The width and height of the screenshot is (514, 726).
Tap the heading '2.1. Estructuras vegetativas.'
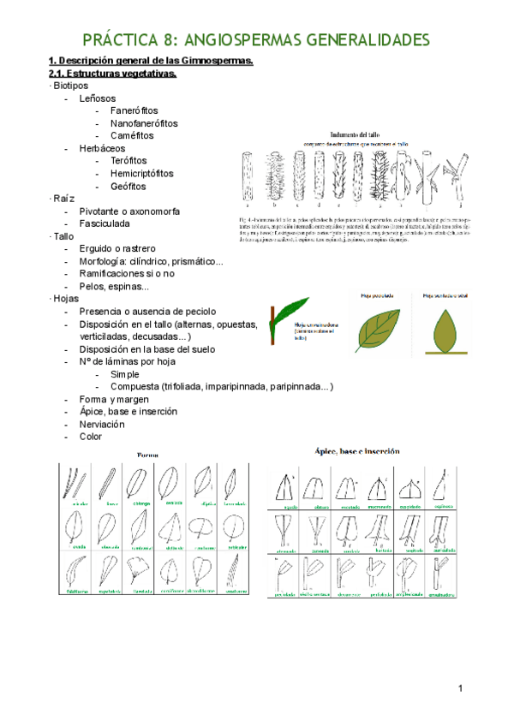point(112,74)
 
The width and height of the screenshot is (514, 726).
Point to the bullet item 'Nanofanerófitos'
point(144,123)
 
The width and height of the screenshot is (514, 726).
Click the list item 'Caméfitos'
point(132,135)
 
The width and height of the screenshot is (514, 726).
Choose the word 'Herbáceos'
point(102,148)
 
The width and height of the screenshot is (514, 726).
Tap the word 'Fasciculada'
point(105,223)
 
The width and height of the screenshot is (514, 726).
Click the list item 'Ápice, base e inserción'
point(128,411)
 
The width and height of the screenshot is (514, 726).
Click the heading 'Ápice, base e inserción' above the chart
point(363,450)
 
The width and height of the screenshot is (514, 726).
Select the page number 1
point(460,688)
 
